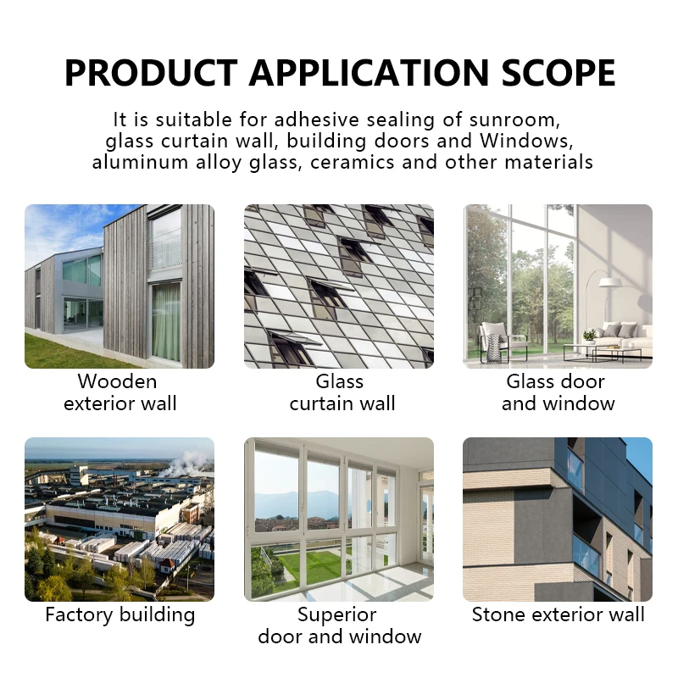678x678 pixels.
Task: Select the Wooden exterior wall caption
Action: (x=119, y=392)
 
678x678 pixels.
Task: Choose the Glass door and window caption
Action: (x=558, y=392)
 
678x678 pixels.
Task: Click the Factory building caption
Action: (x=119, y=614)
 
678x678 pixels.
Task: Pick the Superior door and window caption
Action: (x=339, y=625)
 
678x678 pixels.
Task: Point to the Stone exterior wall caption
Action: (x=558, y=614)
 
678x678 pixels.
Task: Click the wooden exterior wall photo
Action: (x=119, y=286)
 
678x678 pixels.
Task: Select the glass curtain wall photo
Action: (x=339, y=286)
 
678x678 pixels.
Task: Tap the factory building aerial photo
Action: (x=119, y=519)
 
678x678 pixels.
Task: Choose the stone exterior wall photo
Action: (x=558, y=519)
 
